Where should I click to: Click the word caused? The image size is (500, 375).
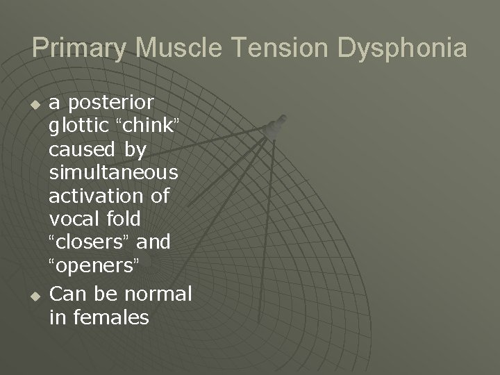pyautogui.click(x=83, y=149)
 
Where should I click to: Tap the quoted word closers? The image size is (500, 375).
pyautogui.click(x=90, y=242)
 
